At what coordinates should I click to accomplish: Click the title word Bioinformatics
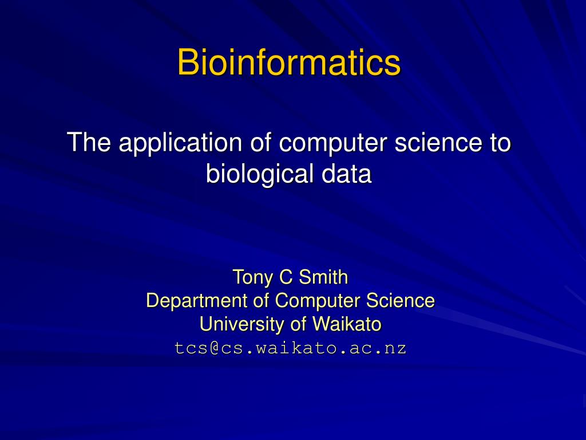click(288, 62)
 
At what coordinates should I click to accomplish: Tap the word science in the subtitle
click(434, 142)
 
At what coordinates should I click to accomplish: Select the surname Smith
click(323, 278)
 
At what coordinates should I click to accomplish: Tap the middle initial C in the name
click(284, 278)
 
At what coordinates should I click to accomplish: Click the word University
click(242, 324)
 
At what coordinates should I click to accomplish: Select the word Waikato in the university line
click(346, 324)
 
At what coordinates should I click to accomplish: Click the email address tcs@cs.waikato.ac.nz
click(291, 348)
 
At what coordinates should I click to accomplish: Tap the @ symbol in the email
click(215, 348)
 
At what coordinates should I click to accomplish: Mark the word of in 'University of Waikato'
click(299, 324)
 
